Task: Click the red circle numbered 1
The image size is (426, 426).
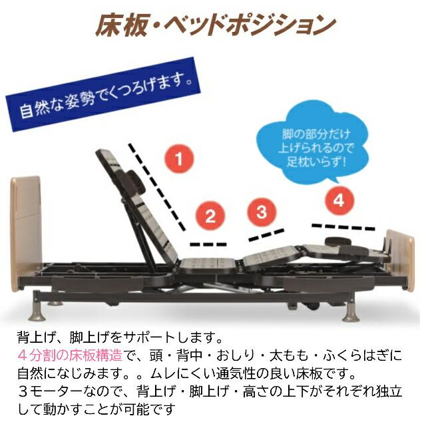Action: tap(179, 159)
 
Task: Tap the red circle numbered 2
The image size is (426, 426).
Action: tap(210, 215)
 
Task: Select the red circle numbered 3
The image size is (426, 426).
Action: tap(262, 212)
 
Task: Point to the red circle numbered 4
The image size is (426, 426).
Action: tap(339, 199)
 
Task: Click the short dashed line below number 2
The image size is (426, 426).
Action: tap(208, 243)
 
